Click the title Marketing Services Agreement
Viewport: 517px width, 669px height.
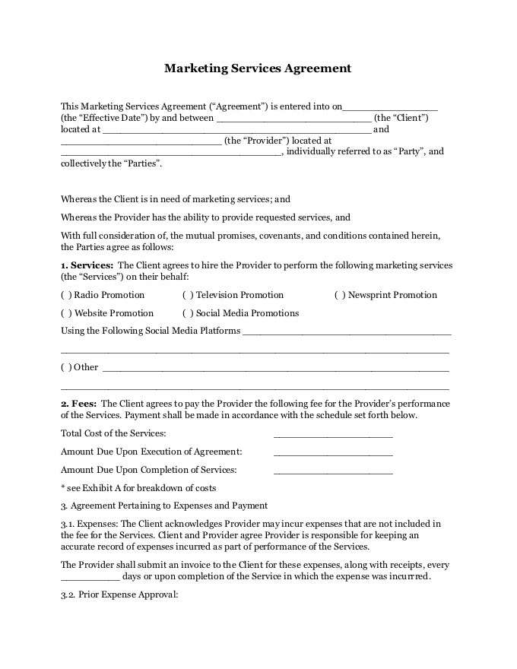[258, 68]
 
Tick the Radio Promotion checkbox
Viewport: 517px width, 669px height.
[66, 295]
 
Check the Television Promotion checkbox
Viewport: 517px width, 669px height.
[188, 295]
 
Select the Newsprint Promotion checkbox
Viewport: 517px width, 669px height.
[340, 295]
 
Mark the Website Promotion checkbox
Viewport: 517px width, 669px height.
[66, 313]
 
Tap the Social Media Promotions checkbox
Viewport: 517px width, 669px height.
[188, 313]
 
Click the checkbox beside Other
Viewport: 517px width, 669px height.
[66, 367]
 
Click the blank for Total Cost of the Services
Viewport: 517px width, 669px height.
[332, 435]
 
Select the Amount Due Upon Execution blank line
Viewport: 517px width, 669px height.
[332, 453]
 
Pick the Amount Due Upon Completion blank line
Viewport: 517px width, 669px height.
[332, 471]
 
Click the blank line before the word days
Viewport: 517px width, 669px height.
[90, 577]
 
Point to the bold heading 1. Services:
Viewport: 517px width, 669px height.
[87, 265]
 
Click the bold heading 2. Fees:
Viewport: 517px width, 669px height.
[79, 404]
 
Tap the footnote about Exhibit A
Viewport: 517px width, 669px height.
[138, 488]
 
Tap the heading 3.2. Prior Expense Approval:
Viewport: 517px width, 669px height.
[119, 594]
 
